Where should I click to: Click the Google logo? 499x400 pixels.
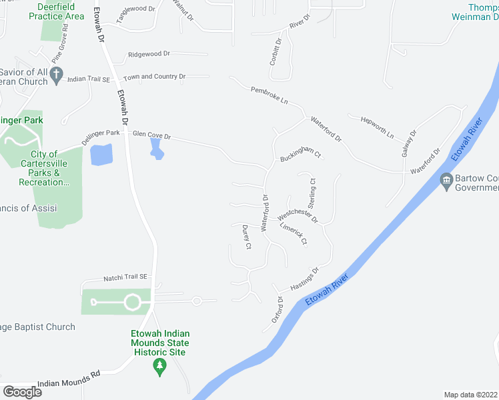click(22, 391)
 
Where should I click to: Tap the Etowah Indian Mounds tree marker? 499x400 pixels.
click(159, 367)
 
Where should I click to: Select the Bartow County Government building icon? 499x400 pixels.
click(446, 181)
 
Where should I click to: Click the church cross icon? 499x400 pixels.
click(57, 73)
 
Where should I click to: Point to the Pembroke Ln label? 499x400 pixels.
click(270, 95)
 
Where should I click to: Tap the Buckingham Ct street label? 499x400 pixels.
click(301, 154)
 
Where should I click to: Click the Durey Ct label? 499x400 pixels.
click(246, 237)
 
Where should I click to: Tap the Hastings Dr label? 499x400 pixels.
click(306, 279)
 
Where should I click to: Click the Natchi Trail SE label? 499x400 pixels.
click(125, 277)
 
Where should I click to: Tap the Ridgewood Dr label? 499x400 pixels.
click(149, 53)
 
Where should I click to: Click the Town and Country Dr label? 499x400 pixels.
click(154, 77)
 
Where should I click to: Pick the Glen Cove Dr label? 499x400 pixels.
click(151, 135)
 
